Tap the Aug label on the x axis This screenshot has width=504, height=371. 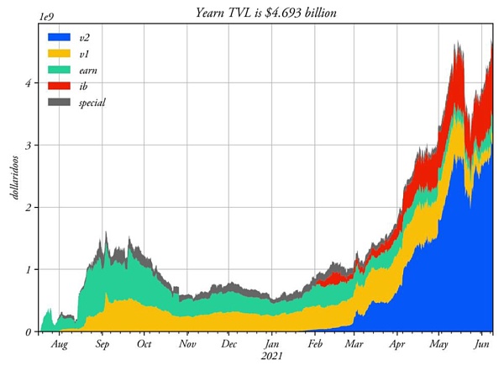click(60, 345)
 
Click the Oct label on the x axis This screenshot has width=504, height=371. click(144, 345)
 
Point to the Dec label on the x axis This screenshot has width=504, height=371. click(229, 345)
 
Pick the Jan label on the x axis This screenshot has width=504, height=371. click(272, 345)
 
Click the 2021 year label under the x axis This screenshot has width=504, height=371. click(272, 358)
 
